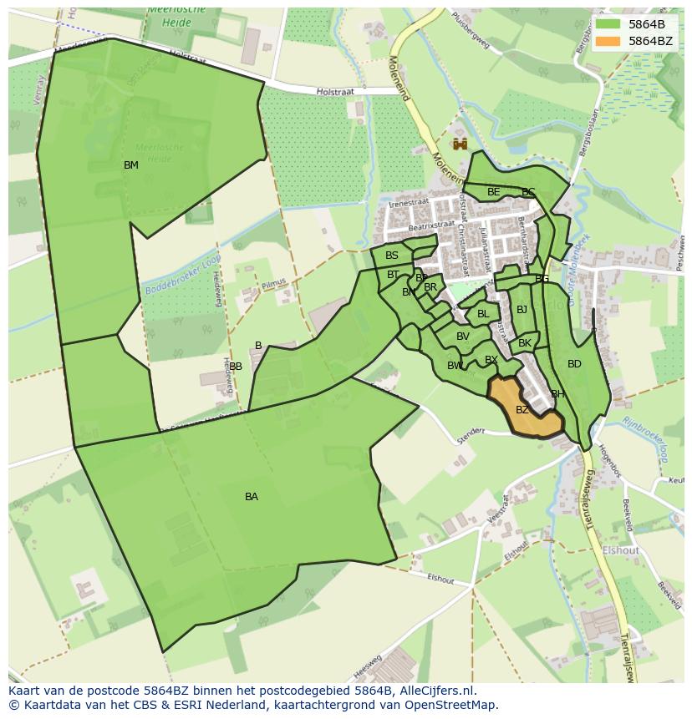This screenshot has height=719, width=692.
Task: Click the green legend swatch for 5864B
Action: [608, 24]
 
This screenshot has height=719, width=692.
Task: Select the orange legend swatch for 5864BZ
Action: [608, 41]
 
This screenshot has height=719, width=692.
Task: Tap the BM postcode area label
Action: [131, 165]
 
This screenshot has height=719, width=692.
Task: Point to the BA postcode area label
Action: [252, 497]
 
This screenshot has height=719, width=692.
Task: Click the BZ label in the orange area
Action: [522, 410]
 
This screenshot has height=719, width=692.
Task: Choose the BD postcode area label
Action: [574, 364]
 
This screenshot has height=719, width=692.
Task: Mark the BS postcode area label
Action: [392, 256]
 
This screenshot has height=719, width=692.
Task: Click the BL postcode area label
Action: [483, 314]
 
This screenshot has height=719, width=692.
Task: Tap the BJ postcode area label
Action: [522, 310]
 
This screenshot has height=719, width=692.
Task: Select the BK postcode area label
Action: [525, 343]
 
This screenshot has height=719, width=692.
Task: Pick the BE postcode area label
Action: [494, 192]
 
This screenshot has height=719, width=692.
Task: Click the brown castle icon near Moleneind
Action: [460, 144]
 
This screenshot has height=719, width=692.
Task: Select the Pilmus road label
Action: [274, 285]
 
